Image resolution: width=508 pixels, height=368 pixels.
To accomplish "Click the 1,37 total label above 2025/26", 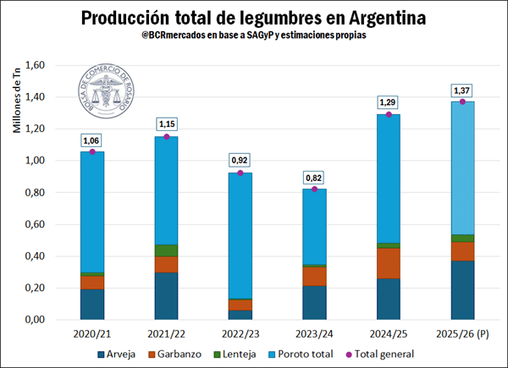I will pyautogui.click(x=462, y=91).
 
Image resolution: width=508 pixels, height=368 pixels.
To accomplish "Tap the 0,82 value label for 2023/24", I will pyautogui.click(x=314, y=178).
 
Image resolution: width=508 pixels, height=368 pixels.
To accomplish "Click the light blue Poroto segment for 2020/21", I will pyautogui.click(x=91, y=211).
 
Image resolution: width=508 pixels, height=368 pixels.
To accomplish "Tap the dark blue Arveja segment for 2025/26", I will pyautogui.click(x=462, y=289).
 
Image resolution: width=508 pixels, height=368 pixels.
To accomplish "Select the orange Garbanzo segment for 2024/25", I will pyautogui.click(x=389, y=263).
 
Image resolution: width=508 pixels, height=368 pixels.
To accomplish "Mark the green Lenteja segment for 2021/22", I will pyautogui.click(x=166, y=250).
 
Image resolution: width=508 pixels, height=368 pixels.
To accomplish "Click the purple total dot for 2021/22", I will pyautogui.click(x=166, y=137).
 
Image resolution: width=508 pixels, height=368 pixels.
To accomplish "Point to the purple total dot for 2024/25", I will pyautogui.click(x=389, y=114).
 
